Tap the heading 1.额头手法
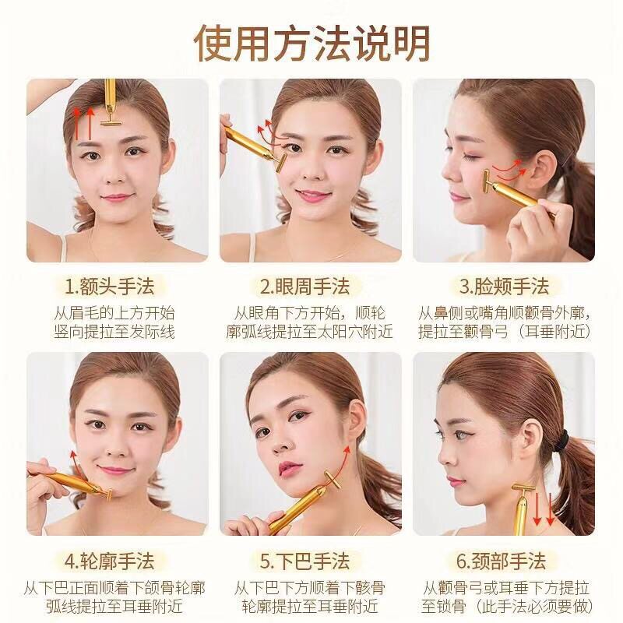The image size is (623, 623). click(109, 286)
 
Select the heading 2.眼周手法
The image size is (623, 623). click(305, 286)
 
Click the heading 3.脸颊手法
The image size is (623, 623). click(504, 286)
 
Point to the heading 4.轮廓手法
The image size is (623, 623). click(109, 561)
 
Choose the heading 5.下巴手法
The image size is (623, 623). click(305, 561)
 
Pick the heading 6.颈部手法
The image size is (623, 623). click(501, 561)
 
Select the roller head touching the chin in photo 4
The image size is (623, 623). click(107, 495)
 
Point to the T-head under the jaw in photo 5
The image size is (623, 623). click(332, 480)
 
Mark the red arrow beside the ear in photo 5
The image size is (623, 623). click(341, 463)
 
